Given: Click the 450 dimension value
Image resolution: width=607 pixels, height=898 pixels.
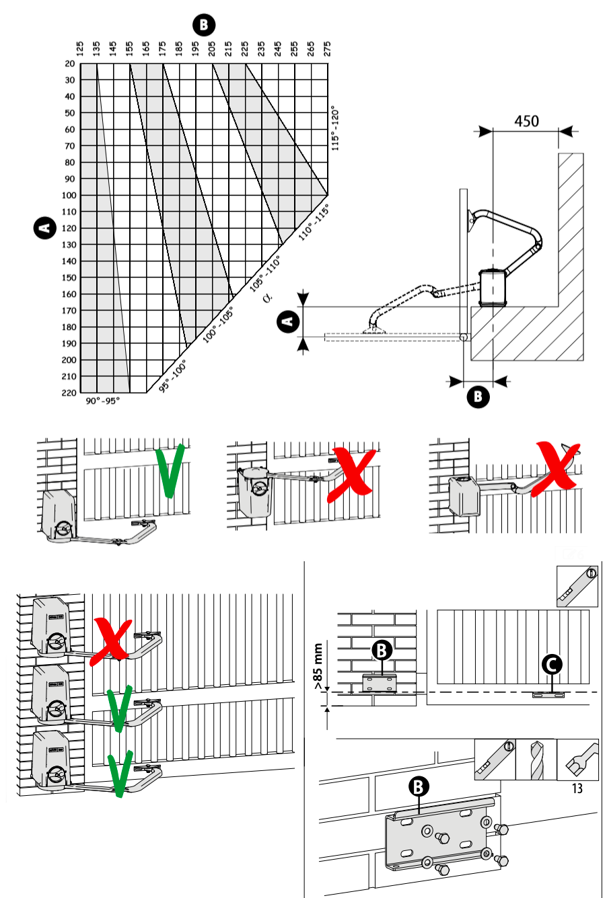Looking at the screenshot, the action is (x=526, y=121).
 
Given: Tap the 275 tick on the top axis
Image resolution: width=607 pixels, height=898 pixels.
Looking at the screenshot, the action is (x=327, y=49).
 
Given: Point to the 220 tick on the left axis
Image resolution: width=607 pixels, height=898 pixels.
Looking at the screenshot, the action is (x=69, y=393).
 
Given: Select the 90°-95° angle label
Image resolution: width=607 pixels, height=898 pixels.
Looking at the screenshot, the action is (x=103, y=401).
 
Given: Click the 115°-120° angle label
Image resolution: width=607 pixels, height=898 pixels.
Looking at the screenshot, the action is (x=335, y=128).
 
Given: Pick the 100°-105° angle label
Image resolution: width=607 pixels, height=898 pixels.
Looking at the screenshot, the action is (x=217, y=325).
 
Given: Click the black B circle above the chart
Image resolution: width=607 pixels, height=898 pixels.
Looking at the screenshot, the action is (x=204, y=25).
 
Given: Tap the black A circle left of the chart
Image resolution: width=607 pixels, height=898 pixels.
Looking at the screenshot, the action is (x=44, y=228).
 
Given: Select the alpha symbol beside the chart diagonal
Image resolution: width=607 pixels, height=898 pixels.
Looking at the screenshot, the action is (x=267, y=298).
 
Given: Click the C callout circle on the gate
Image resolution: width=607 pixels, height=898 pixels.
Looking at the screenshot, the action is (x=552, y=665).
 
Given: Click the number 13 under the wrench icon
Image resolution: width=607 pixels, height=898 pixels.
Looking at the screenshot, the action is (x=577, y=788).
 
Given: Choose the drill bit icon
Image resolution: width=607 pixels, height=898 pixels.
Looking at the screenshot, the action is (x=536, y=760).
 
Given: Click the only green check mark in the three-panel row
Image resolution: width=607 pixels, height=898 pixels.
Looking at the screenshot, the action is (x=170, y=471).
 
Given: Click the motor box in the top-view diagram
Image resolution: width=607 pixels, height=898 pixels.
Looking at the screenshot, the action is (x=493, y=288).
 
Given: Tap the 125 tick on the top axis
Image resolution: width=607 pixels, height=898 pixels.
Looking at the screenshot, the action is (x=80, y=49).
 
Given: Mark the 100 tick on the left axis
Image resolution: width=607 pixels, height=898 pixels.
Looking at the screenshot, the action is (x=69, y=195).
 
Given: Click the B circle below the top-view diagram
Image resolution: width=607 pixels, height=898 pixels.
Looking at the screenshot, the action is (x=478, y=397).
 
